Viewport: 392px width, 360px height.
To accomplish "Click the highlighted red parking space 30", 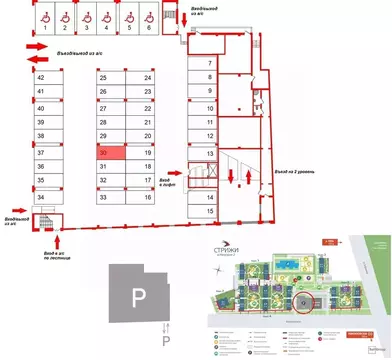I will pyautogui.click(x=111, y=153).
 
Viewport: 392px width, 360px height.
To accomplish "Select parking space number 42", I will pyautogui.click(x=41, y=77).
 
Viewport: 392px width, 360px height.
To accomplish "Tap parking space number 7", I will pyautogui.click(x=209, y=63).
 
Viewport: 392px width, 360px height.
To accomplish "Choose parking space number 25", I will pyautogui.click(x=103, y=77).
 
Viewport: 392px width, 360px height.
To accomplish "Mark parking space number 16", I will pyautogui.click(x=147, y=198).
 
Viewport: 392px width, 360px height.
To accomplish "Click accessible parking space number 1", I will pyautogui.click(x=45, y=20).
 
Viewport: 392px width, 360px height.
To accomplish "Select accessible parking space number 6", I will pyautogui.click(x=148, y=20).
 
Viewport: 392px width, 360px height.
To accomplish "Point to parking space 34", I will pyautogui.click(x=41, y=198).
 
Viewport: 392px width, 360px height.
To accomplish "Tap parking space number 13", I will pyautogui.click(x=209, y=153).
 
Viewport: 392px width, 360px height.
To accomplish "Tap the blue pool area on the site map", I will pyautogui.click(x=287, y=262).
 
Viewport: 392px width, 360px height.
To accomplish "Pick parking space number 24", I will pyautogui.click(x=147, y=77).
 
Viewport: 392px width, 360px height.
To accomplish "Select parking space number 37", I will pyautogui.click(x=41, y=153).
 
